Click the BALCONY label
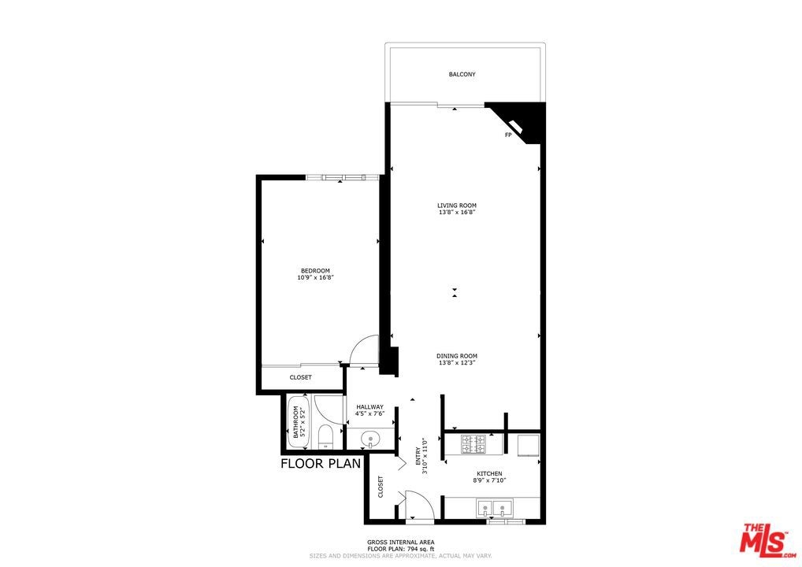462,74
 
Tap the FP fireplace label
508,135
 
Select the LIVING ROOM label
457,206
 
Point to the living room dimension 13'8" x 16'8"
457,212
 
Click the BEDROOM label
315,270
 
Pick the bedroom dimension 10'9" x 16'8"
315,277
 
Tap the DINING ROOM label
457,356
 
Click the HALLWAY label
369,407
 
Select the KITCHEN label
489,473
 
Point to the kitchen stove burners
473,444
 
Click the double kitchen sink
494,508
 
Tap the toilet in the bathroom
325,438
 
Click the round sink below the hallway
369,439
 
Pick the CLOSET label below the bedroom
301,377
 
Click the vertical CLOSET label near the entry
381,487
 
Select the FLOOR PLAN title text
321,464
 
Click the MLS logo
767,539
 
